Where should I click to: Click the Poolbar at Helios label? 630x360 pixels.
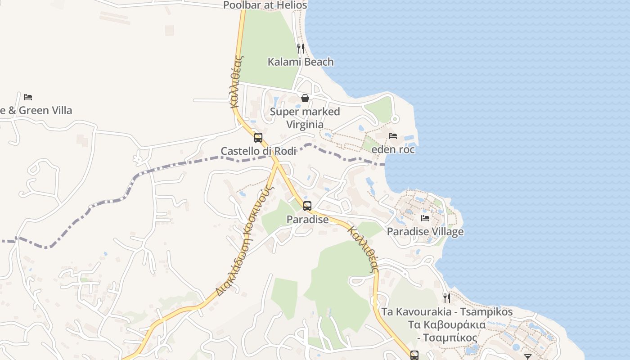pyautogui.click(x=265, y=5)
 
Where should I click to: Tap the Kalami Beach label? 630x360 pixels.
pyautogui.click(x=301, y=62)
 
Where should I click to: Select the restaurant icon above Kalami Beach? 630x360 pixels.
pyautogui.click(x=301, y=48)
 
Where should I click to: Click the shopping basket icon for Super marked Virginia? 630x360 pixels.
pyautogui.click(x=305, y=98)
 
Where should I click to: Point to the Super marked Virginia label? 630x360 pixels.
pyautogui.click(x=305, y=117)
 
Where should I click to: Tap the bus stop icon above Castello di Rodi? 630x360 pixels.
pyautogui.click(x=258, y=138)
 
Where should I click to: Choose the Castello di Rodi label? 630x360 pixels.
pyautogui.click(x=258, y=151)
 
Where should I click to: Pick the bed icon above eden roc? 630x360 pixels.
pyautogui.click(x=393, y=136)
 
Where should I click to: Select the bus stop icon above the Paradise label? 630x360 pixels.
pyautogui.click(x=307, y=206)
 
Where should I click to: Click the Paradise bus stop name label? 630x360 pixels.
pyautogui.click(x=308, y=220)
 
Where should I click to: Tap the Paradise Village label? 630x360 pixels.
pyautogui.click(x=425, y=232)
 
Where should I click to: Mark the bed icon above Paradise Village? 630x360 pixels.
pyautogui.click(x=425, y=218)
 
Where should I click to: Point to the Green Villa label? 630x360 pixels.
pyautogui.click(x=36, y=110)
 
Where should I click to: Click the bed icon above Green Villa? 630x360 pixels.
pyautogui.click(x=28, y=97)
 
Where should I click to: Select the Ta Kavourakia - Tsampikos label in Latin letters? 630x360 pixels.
pyautogui.click(x=447, y=311)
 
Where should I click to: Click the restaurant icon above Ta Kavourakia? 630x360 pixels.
pyautogui.click(x=446, y=298)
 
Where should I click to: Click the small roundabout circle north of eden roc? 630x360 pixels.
pyautogui.click(x=395, y=119)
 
